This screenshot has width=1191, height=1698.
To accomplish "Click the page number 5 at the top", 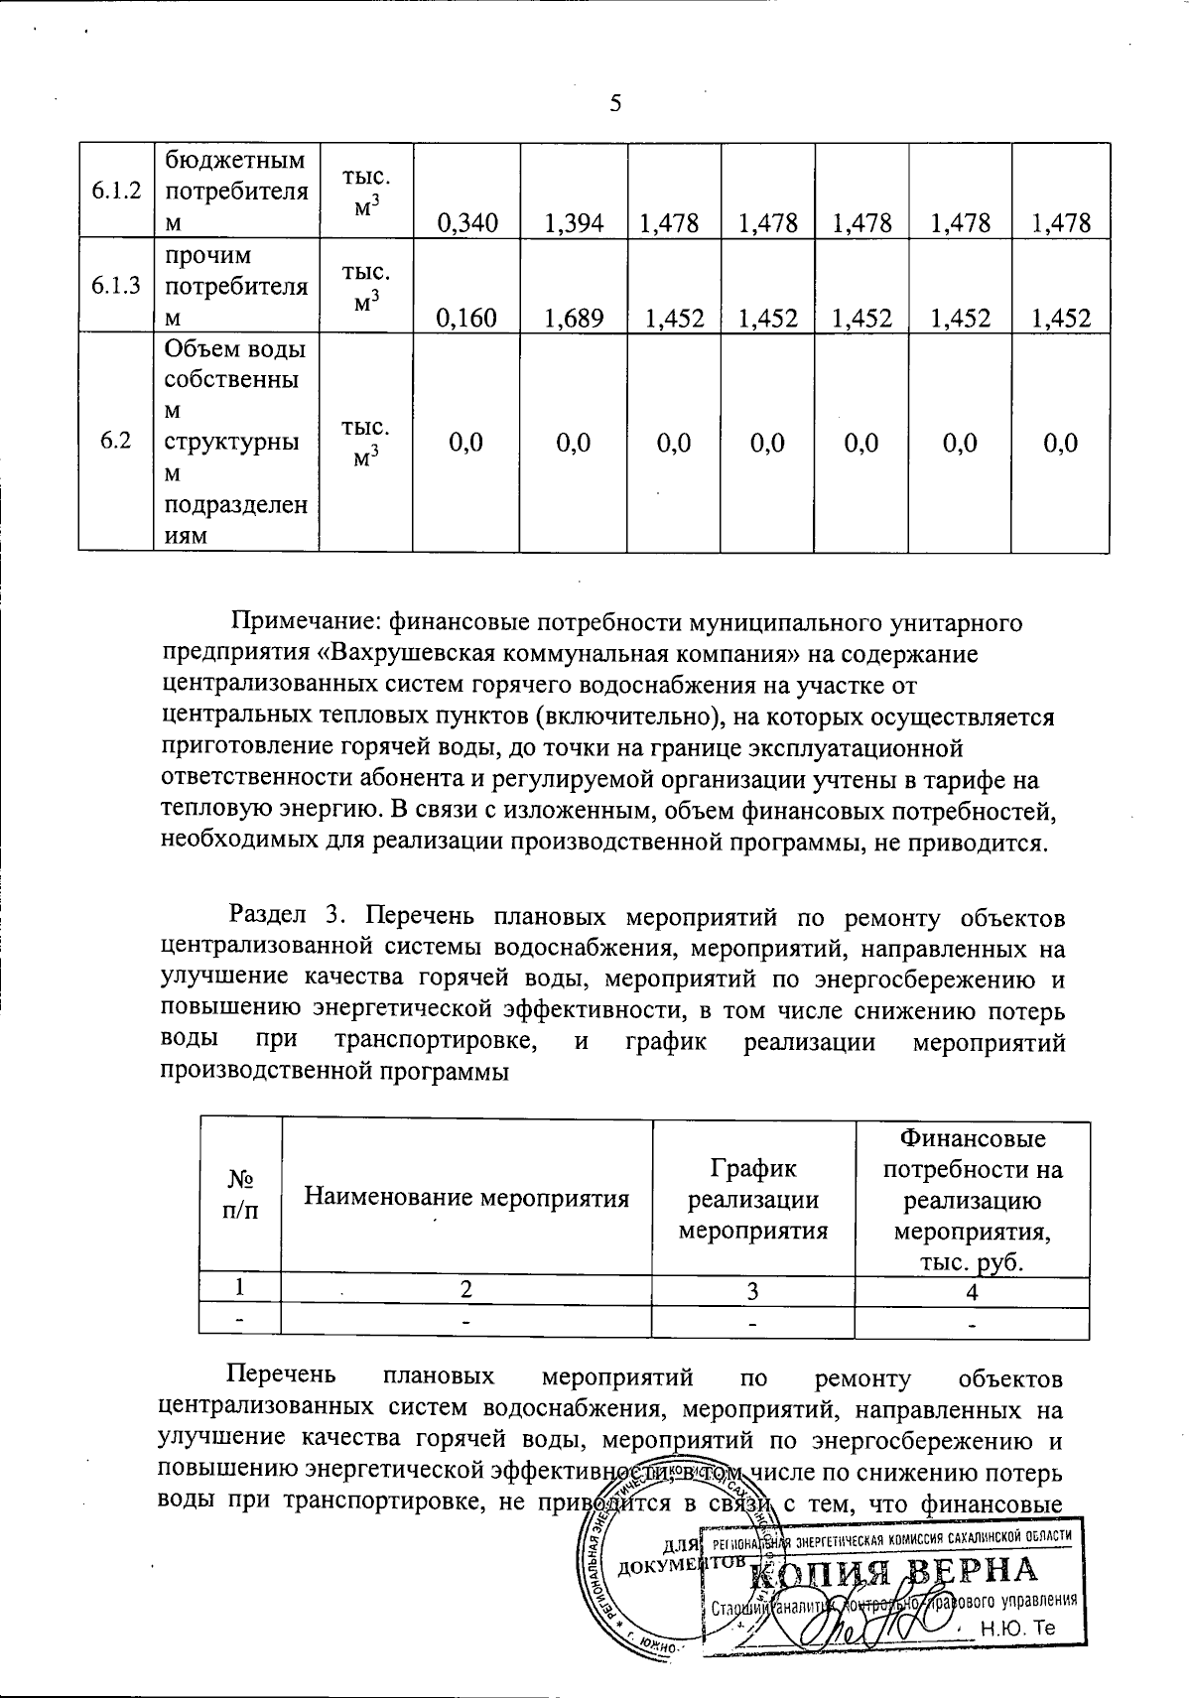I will coord(614,104).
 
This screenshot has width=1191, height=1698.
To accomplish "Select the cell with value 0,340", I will coord(466,223).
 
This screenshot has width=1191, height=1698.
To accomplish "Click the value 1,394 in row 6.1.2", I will coord(574,223).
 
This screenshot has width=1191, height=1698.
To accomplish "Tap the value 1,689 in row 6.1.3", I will coord(574,318).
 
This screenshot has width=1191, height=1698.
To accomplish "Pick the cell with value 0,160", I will coord(466,318).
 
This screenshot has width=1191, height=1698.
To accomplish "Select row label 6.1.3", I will coord(116,286).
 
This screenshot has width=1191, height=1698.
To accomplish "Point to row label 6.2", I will coord(116,443).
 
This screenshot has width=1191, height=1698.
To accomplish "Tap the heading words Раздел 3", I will coord(283,913).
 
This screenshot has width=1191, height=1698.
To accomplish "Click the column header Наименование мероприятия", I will coord(466,1198).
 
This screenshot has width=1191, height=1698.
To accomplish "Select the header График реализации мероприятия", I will coord(753,1199).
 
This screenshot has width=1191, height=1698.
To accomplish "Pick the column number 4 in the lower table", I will coord(972,1291).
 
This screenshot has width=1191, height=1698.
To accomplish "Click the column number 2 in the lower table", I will coord(466,1291).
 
